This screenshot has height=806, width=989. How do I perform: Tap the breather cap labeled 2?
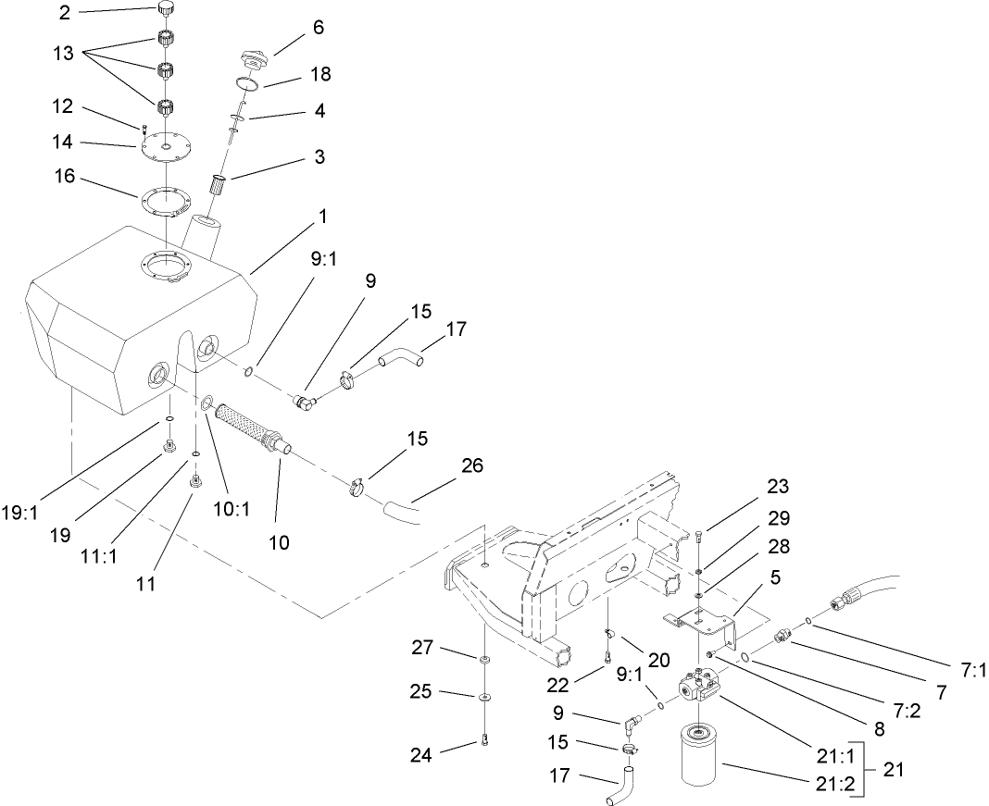coord(166,10)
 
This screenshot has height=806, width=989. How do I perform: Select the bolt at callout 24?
coord(484,738)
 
